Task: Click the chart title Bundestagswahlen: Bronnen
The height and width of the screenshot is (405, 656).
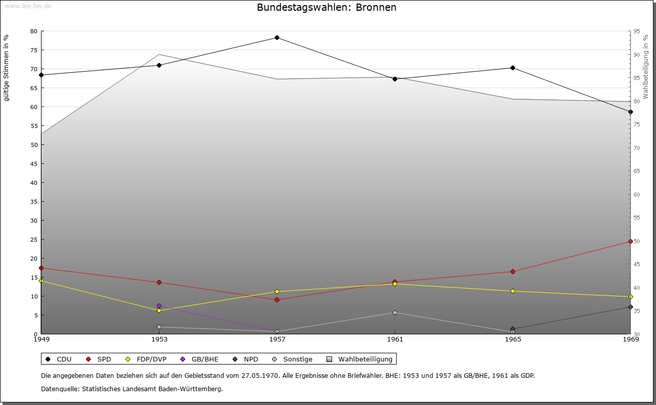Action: tap(326, 8)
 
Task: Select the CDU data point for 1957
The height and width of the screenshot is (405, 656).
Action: tap(277, 37)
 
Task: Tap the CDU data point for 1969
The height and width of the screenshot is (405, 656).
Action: tap(630, 112)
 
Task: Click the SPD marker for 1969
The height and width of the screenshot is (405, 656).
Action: tap(630, 241)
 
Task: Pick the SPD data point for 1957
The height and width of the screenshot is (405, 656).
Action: tap(277, 300)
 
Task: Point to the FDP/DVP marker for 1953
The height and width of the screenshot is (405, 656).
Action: tap(159, 310)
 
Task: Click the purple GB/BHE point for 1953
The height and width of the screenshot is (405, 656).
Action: tap(159, 306)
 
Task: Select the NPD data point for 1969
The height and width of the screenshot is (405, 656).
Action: tap(630, 307)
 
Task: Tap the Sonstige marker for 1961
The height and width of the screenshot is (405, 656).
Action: tap(395, 312)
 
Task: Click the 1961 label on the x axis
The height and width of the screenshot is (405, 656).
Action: tap(395, 339)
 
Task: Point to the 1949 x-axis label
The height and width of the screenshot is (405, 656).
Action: tap(42, 339)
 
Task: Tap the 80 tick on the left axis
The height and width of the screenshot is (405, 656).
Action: tap(34, 31)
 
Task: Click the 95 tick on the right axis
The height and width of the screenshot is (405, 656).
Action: tap(637, 31)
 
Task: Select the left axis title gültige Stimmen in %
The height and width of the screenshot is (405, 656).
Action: tap(7, 68)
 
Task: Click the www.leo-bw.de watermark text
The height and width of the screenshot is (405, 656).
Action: tap(26, 6)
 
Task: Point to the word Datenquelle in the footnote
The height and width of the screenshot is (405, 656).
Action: tap(58, 389)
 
